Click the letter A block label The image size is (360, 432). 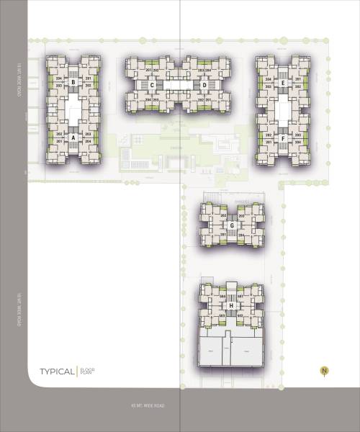pos(73,138)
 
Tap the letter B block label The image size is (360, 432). pos(73,82)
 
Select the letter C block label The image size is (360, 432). pos(152,85)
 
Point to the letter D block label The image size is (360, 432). pos(205,85)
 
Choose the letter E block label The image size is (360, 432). pos(284,83)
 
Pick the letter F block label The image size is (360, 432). pos(284,138)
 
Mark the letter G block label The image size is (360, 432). pos(232,225)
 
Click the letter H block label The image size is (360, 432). pos(231,305)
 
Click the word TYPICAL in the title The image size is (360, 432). pos(57,372)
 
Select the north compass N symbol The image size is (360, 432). pos(324,372)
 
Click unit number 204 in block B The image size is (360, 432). pos(59,78)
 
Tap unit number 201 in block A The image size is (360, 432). pos(59,141)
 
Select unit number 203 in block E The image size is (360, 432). pos(269,86)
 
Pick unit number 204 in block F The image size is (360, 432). pos(298,142)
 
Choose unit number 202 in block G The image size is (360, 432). pos(223,216)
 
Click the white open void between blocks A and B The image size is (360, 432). pos(73,109)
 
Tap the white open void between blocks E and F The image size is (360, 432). pos(284,110)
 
